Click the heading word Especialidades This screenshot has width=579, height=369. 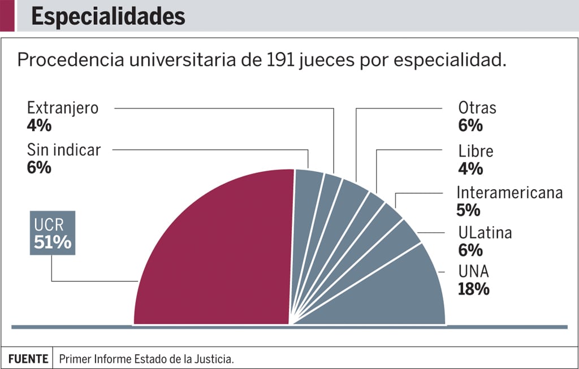point(108,17)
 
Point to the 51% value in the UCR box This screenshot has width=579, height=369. point(53,242)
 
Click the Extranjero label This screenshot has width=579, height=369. point(63,107)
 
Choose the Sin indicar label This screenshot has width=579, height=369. point(64,150)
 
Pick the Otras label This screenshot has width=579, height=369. point(477,107)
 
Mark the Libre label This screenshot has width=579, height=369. point(476,151)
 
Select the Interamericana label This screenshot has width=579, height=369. point(509,192)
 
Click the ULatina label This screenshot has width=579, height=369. point(484,232)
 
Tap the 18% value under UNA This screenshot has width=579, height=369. point(473,289)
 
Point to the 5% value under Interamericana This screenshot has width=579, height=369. point(468,210)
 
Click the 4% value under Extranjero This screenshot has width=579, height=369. point(39,125)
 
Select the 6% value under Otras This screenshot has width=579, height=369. point(470,125)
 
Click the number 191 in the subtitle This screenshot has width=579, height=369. point(276,60)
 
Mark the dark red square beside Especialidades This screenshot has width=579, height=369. point(7,15)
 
